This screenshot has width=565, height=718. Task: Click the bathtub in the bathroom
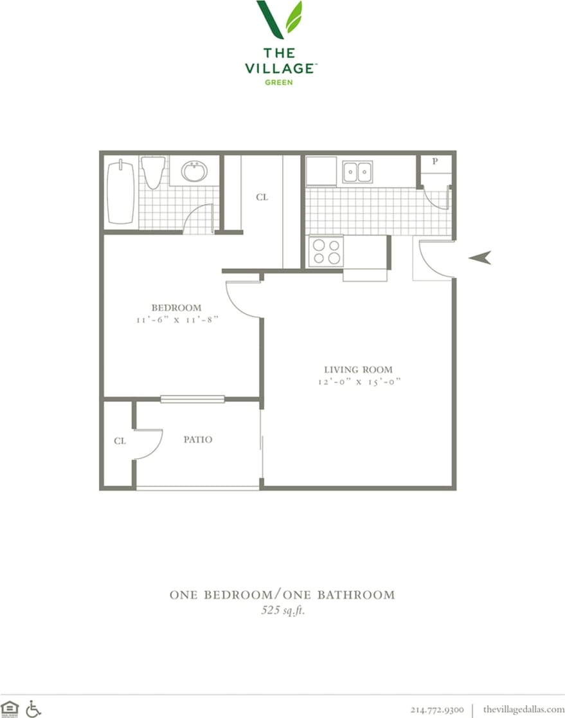(x=121, y=192)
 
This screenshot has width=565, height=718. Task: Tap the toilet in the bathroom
(x=152, y=172)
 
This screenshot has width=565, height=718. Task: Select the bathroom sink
(x=193, y=171)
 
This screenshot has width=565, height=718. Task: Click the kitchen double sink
(x=357, y=172)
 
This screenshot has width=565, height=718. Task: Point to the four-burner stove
(x=326, y=251)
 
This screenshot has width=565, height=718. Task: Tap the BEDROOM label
(x=176, y=308)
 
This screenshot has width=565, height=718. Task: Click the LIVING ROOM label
(x=358, y=369)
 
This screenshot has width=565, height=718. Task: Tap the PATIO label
(x=197, y=439)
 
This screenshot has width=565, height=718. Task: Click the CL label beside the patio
(x=120, y=441)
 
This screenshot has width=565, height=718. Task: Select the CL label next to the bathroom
(x=262, y=197)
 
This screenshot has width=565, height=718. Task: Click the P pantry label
(x=435, y=161)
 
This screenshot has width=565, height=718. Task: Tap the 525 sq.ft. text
(x=283, y=611)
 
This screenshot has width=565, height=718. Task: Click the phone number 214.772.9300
(x=437, y=709)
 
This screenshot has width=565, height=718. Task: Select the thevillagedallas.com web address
(x=523, y=709)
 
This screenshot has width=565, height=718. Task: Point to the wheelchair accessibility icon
(x=33, y=708)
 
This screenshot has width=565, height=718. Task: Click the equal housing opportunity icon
(x=10, y=708)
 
